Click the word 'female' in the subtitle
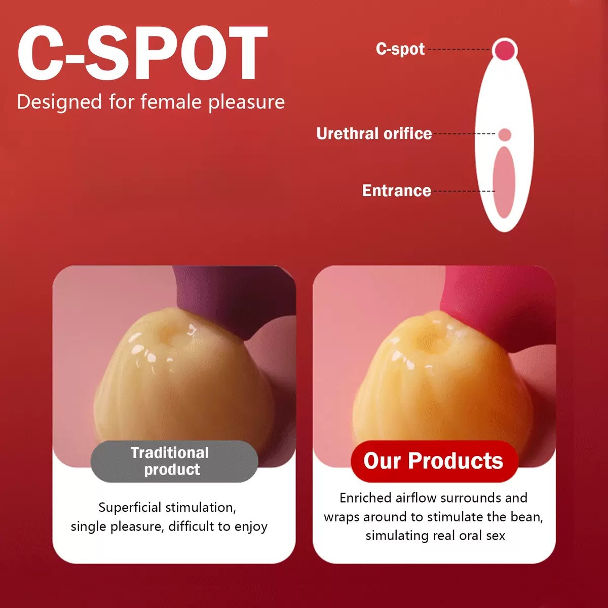click(x=170, y=102)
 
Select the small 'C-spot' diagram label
click(x=400, y=50)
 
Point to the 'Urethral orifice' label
click(x=374, y=134)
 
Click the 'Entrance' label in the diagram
click(x=397, y=191)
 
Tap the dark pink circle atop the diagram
click(x=505, y=50)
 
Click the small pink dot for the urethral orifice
click(x=505, y=134)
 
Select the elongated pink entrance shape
click(x=504, y=182)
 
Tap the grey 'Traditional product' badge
click(x=174, y=461)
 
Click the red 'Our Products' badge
click(x=434, y=461)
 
